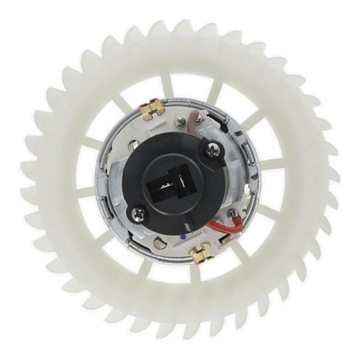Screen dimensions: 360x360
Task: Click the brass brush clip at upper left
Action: click(151, 109)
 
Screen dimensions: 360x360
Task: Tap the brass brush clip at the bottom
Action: click(202, 252)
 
